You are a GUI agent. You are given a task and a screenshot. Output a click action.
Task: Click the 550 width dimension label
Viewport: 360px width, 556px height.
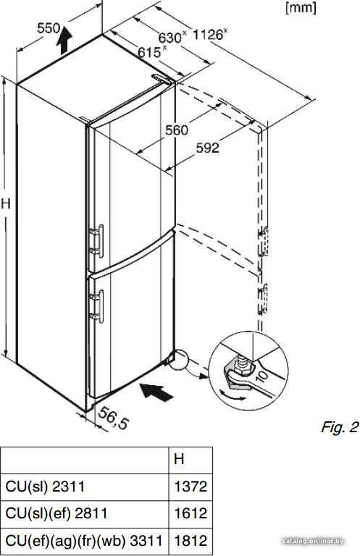(49, 28)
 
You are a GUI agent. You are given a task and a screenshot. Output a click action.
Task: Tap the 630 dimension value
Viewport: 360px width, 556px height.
(169, 37)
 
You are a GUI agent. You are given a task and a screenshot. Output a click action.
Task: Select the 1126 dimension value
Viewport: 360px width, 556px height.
(207, 35)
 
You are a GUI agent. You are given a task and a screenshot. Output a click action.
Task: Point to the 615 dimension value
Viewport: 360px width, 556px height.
(149, 52)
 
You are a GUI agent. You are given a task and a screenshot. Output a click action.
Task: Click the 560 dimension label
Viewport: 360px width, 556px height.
(177, 130)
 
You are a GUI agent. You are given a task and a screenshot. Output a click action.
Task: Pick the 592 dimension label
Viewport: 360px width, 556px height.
(207, 148)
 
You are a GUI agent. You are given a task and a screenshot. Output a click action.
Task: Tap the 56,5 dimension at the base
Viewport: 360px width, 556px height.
(112, 418)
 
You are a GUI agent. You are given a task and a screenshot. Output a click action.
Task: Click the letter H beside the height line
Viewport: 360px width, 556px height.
(6, 203)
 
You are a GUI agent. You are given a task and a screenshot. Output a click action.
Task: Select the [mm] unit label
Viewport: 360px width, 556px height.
(301, 7)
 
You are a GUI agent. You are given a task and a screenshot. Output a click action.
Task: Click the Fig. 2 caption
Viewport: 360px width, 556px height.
(340, 427)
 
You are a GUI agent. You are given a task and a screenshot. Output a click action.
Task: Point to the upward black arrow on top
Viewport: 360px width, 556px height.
(64, 40)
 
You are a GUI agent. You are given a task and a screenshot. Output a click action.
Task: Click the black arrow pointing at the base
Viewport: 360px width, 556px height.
(156, 392)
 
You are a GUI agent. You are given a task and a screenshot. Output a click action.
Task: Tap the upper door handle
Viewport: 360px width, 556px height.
(97, 241)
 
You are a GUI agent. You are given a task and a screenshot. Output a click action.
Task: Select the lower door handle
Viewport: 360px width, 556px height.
(97, 306)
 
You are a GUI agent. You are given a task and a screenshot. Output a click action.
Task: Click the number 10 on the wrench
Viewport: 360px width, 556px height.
(261, 375)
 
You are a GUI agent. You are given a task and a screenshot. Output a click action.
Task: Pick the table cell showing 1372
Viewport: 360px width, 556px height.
(191, 486)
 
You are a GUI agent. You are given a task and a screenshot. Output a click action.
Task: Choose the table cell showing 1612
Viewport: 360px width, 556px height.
(191, 513)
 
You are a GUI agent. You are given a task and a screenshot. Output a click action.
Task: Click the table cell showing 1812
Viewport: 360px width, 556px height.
(191, 541)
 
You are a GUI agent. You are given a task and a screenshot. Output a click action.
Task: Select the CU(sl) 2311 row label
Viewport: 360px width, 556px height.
(45, 486)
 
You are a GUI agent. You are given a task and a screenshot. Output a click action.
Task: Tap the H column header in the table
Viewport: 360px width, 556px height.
(179, 459)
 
